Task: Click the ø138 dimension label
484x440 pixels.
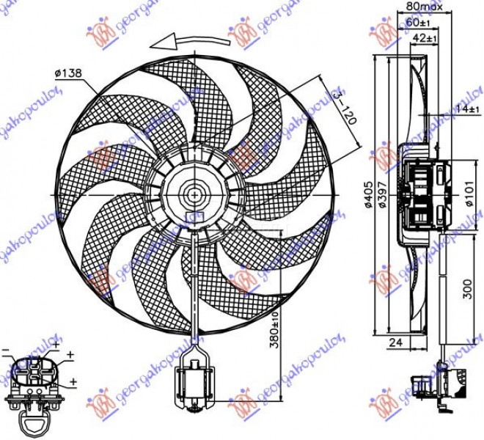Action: pyautogui.click(x=67, y=73)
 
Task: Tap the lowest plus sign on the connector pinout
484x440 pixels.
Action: pyautogui.click(x=73, y=382)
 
